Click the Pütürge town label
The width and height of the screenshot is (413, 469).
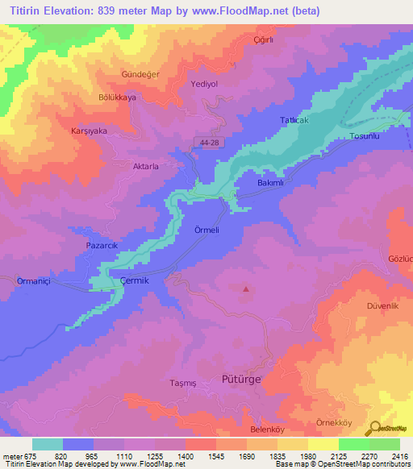tap(244, 377)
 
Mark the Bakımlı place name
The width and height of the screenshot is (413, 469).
tap(270, 183)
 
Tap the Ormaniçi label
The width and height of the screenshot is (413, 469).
tap(34, 280)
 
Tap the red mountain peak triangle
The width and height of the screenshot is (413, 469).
tap(246, 288)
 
